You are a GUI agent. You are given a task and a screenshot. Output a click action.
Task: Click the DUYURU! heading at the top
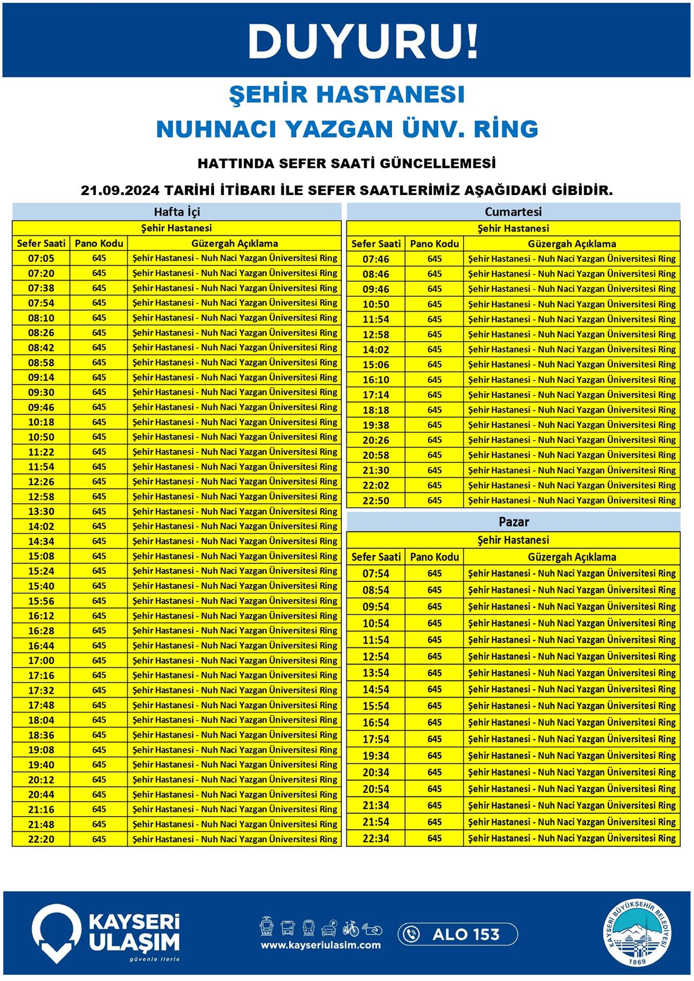363,42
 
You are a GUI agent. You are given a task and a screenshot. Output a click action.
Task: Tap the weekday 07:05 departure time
41,259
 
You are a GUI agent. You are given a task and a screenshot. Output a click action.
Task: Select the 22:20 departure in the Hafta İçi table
41,839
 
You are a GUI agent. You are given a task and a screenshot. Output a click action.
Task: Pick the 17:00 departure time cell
41,661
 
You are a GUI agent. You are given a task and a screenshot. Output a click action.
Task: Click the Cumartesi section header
513,212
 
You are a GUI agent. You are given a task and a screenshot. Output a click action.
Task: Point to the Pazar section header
514,522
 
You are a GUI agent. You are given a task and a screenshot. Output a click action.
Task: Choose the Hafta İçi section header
177,212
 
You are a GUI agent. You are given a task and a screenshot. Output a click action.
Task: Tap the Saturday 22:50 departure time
376,500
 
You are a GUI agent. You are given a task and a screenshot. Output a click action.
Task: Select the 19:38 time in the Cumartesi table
376,425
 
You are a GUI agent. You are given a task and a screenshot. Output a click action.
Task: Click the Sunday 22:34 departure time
376,839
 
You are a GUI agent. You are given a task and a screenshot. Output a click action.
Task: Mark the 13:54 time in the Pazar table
376,673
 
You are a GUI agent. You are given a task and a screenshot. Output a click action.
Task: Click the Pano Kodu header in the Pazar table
434,557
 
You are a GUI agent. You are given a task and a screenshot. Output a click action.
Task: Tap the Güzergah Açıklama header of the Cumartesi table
571,244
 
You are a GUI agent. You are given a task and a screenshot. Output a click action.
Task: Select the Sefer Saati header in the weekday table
41,244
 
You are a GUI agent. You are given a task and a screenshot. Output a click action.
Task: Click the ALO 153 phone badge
457,934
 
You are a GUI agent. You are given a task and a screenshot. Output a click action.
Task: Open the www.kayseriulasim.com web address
320,945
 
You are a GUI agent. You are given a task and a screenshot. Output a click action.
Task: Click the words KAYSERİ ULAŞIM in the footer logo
134,932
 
